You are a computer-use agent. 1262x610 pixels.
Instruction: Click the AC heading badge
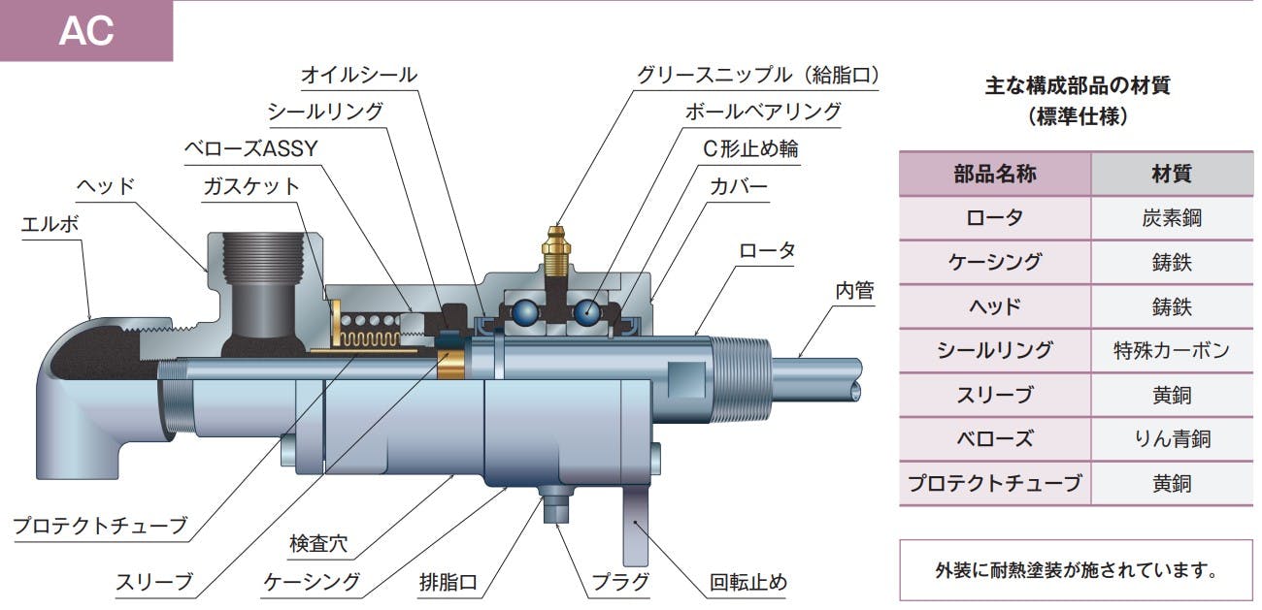pyautogui.click(x=86, y=31)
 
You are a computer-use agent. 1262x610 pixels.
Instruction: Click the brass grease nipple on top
pyautogui.click(x=555, y=249)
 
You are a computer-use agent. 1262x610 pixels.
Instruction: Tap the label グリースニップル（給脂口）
pyautogui.click(x=758, y=75)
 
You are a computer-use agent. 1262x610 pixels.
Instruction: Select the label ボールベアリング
pyautogui.click(x=763, y=112)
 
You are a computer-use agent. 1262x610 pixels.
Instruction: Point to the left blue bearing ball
pyautogui.click(x=524, y=311)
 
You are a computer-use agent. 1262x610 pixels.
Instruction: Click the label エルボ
pyautogui.click(x=51, y=225)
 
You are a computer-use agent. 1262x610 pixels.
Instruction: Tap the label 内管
pyautogui.click(x=854, y=290)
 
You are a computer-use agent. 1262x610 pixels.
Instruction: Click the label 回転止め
pyautogui.click(x=748, y=582)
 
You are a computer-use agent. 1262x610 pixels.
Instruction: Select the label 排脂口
pyautogui.click(x=448, y=582)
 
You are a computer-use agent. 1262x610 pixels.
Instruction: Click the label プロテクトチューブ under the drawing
pyautogui.click(x=99, y=526)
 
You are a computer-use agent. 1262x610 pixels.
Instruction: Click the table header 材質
pyautogui.click(x=1171, y=175)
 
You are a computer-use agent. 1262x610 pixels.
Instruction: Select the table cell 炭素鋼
pyautogui.click(x=1171, y=218)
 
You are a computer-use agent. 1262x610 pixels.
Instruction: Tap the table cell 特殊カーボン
pyautogui.click(x=1171, y=350)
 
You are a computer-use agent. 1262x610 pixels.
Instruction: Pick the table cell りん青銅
pyautogui.click(x=1171, y=438)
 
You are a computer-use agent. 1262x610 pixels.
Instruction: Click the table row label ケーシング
pyautogui.click(x=995, y=262)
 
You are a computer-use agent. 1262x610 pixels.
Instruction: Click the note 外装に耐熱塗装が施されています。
pyautogui.click(x=1076, y=569)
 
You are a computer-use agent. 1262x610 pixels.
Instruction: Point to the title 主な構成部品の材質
pyautogui.click(x=1078, y=85)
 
